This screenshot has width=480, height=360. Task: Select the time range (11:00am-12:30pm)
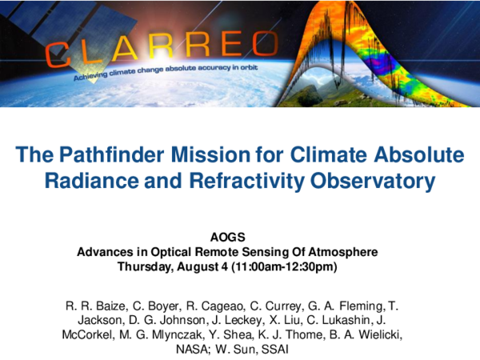click(288, 266)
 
